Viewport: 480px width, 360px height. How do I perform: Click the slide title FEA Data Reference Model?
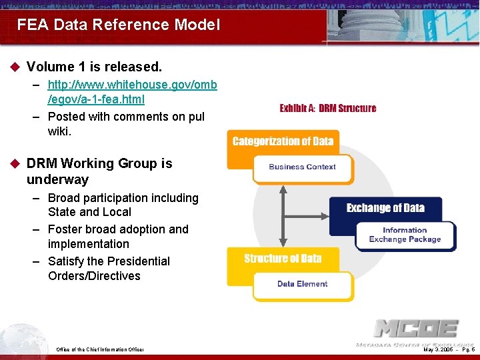tap(118, 25)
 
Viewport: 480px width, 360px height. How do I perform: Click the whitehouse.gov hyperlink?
tap(132, 93)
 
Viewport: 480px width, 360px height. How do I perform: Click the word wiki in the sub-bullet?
tap(59, 131)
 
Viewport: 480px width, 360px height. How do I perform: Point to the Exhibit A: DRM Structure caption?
tap(327, 108)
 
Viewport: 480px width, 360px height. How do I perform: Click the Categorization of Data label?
tap(283, 141)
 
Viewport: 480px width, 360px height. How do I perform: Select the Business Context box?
tap(302, 167)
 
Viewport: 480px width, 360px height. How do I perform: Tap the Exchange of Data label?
tap(385, 208)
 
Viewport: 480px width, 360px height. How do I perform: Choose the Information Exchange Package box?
tap(405, 235)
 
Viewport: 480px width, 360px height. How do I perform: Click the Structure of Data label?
tap(283, 259)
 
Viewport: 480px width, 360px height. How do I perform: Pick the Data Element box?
tap(302, 284)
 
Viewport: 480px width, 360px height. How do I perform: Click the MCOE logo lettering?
tap(415, 329)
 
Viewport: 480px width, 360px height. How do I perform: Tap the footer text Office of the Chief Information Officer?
tap(100, 349)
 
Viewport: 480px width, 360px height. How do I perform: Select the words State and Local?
tap(89, 212)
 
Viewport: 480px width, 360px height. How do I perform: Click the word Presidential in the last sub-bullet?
tap(135, 261)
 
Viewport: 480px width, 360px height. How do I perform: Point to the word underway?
tap(57, 179)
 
